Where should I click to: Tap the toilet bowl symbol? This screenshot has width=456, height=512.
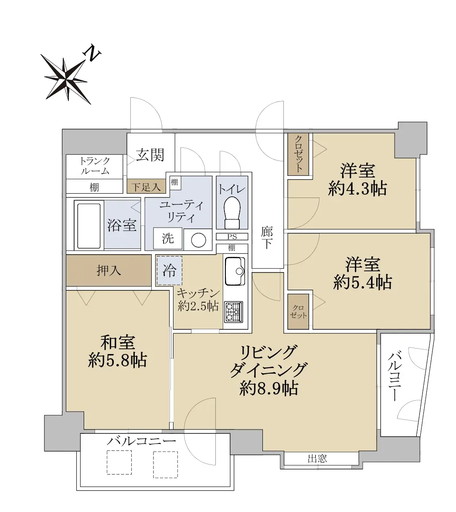tap(232, 212)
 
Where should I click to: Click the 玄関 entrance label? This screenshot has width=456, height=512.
tap(150, 155)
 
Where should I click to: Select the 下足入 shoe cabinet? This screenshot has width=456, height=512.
tap(146, 187)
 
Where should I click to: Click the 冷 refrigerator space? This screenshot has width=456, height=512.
tap(170, 271)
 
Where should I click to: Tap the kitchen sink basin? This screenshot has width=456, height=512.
tap(235, 271)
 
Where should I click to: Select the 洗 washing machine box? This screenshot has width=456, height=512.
tap(168, 239)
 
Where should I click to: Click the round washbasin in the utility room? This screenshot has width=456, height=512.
tap(198, 240)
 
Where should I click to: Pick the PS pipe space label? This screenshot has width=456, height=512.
tap(232, 237)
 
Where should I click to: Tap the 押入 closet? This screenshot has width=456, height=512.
tap(109, 270)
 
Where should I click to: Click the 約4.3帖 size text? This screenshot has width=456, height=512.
tap(358, 189)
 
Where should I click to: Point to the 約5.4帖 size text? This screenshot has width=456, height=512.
tap(363, 282)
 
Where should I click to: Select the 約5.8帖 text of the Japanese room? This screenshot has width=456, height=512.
tap(118, 361)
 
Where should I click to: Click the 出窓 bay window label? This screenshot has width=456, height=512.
tap(317, 459)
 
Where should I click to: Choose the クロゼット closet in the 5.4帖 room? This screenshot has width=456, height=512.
tap(298, 311)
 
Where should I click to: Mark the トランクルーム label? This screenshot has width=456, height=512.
tap(95, 166)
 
